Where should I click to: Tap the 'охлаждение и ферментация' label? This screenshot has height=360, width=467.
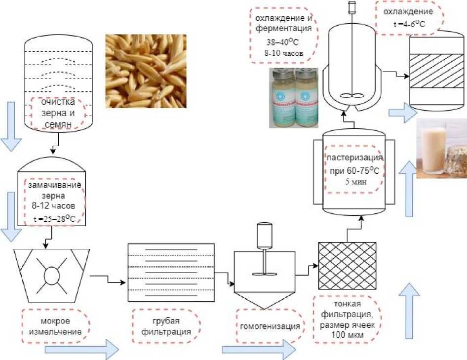click(x=280, y=35)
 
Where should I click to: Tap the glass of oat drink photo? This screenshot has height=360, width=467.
click(x=441, y=148)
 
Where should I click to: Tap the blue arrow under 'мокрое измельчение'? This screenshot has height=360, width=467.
click(x=81, y=349)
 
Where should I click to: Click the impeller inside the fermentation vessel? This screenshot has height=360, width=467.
click(x=351, y=97)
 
